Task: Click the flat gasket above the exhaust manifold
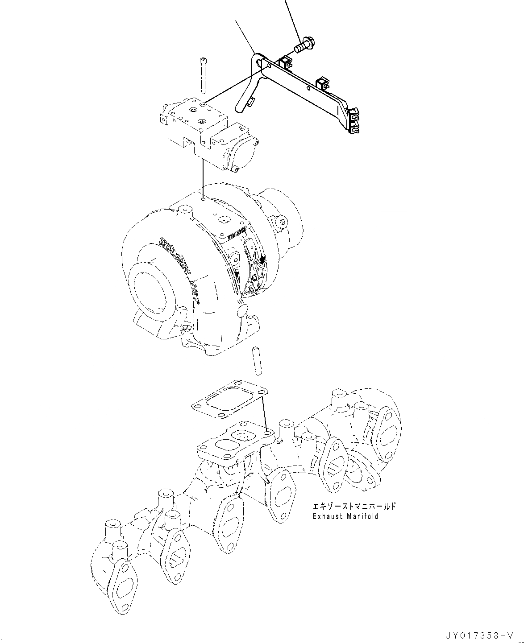(x=229, y=399)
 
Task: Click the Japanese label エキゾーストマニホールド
(x=354, y=507)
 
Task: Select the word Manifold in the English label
(x=364, y=516)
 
